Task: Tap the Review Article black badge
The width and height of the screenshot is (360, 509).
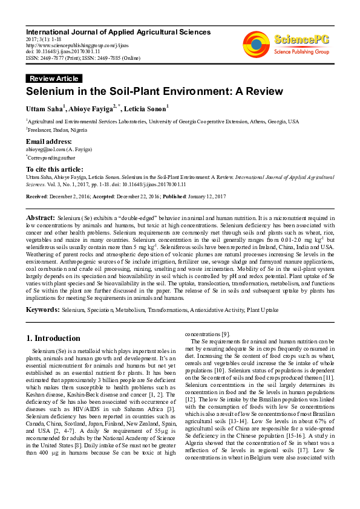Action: click(x=54, y=79)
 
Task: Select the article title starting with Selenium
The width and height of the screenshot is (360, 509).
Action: click(x=154, y=92)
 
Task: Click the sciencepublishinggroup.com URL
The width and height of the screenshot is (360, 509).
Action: click(x=67, y=44)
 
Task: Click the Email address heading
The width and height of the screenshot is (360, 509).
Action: click(x=48, y=141)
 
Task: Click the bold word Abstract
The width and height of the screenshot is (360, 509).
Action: click(x=40, y=216)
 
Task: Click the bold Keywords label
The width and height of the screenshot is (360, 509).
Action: click(x=42, y=310)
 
